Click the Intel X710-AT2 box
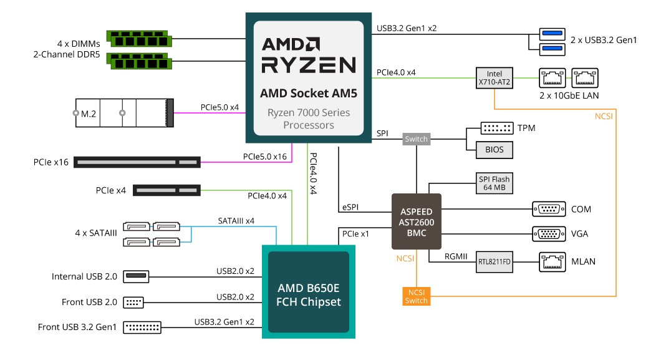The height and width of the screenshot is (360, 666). (494, 78)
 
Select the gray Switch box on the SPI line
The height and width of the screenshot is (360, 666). (416, 139)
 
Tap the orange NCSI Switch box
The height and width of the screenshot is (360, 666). (416, 296)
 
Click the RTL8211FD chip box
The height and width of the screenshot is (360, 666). (495, 261)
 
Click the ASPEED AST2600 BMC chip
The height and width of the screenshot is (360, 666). (416, 222)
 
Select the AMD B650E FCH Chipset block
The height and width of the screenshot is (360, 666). (309, 293)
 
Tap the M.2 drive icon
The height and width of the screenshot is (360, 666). (124, 114)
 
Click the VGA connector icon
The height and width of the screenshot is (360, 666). (548, 234)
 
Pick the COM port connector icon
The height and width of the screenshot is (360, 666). (548, 209)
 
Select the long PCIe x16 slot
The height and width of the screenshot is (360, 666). (137, 162)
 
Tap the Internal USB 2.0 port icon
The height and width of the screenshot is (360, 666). (137, 276)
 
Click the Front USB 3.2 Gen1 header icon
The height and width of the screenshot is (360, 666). (142, 326)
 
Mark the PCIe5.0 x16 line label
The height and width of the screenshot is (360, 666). (265, 157)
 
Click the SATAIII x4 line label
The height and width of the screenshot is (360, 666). (236, 221)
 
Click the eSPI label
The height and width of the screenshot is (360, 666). (350, 206)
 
